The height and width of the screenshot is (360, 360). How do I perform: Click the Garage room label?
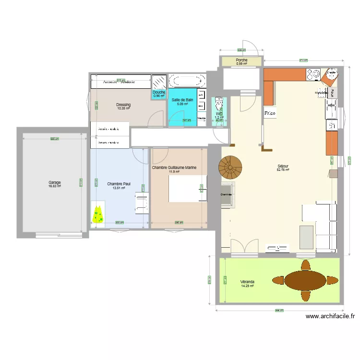click(54, 182)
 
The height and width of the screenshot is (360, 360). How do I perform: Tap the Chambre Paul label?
click(119, 184)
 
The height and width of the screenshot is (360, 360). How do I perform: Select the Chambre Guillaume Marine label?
click(174, 168)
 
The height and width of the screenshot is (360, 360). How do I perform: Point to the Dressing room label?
click(123, 105)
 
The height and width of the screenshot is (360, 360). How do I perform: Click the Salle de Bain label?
click(182, 100)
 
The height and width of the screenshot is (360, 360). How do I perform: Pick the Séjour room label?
click(283, 166)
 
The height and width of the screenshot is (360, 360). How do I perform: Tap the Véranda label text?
click(247, 282)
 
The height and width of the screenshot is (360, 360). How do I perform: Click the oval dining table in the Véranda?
click(305, 280)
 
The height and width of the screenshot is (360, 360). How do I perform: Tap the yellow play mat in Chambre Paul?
click(99, 214)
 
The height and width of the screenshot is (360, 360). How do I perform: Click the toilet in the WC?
click(219, 105)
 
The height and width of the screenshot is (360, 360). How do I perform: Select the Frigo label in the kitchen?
click(270, 113)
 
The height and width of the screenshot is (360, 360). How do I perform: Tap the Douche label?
click(159, 92)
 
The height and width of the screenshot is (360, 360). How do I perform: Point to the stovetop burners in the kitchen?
click(313, 74)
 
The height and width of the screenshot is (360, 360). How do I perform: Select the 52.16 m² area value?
click(283, 170)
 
